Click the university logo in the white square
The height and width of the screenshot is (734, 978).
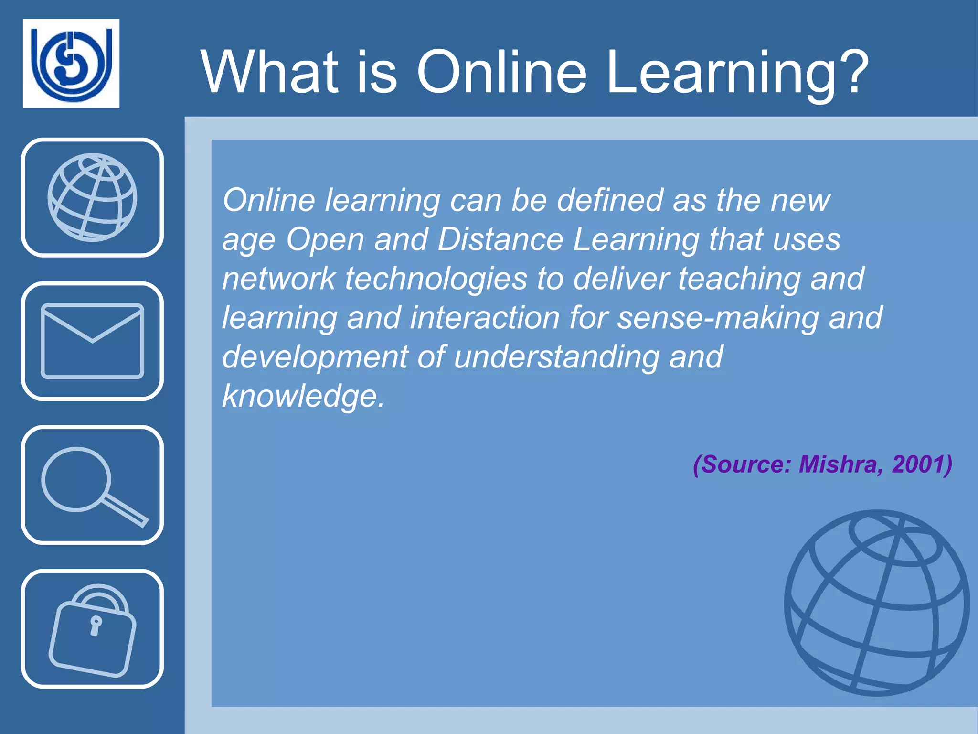point(71,63)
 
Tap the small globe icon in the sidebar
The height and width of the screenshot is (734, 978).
point(92,197)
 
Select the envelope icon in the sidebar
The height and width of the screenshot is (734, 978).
point(92,341)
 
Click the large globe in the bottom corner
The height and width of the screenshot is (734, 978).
point(877,603)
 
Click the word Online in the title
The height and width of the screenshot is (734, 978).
point(501,73)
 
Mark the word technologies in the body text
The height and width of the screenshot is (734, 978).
point(436,279)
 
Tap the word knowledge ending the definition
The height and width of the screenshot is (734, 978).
point(303,396)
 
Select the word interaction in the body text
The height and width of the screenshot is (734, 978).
point(485,318)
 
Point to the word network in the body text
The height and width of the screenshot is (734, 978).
point(279,279)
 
